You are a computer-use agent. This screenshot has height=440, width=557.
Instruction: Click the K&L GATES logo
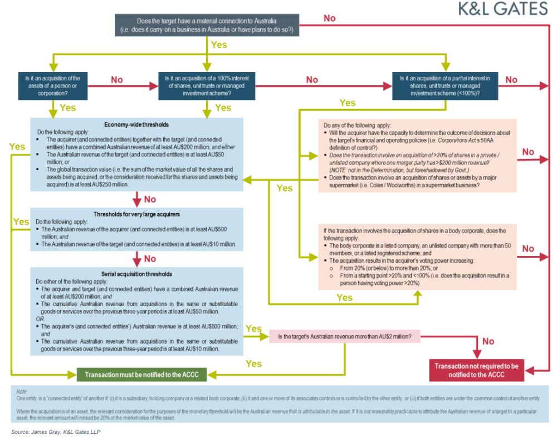click(x=502, y=9)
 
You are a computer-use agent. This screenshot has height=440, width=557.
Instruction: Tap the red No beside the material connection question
click(x=329, y=18)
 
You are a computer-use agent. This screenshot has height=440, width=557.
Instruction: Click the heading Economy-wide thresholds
click(x=136, y=124)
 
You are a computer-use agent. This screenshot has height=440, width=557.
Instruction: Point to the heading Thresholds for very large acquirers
click(x=136, y=215)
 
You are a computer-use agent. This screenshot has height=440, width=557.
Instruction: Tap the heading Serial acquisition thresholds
click(x=136, y=274)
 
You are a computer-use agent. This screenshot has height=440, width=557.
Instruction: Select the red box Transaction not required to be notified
click(x=476, y=370)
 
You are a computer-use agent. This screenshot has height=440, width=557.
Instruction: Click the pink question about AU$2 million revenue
click(x=345, y=337)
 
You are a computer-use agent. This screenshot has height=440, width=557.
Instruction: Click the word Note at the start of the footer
click(x=22, y=392)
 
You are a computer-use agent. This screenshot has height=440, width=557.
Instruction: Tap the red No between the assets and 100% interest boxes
click(x=117, y=80)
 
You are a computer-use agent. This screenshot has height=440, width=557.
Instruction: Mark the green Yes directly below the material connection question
click(x=219, y=45)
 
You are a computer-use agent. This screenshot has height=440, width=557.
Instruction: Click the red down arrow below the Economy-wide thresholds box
click(x=136, y=199)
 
